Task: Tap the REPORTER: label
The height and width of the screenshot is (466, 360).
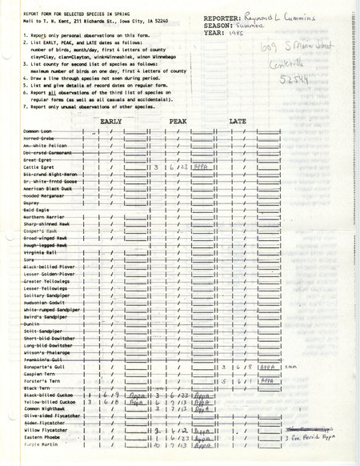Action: pyautogui.click(x=226, y=15)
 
